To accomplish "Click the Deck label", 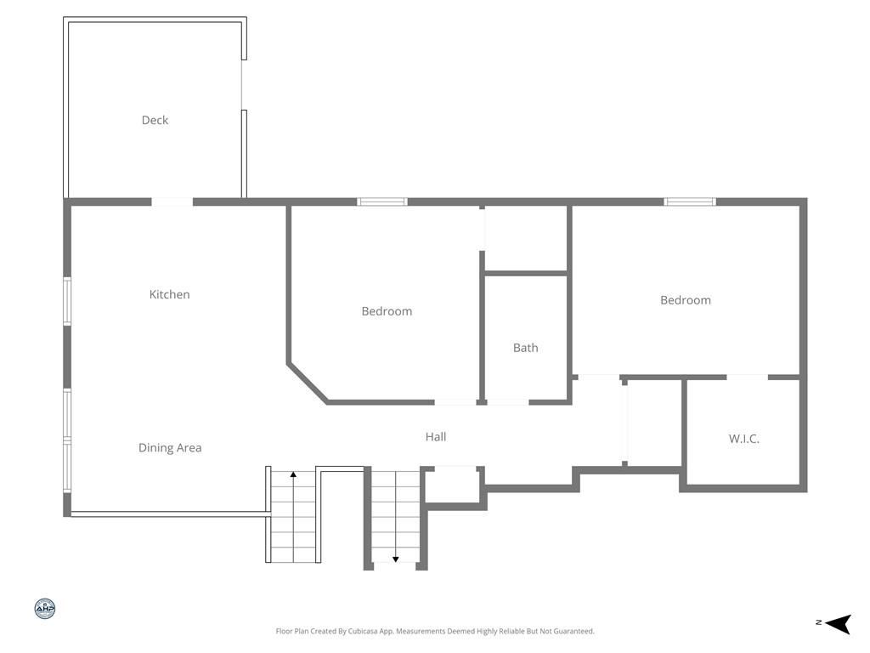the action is point(155,120).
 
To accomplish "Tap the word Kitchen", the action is point(169,294).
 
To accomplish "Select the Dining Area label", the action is point(170,447).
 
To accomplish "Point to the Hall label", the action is point(436,437).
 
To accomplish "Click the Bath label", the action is point(525,348).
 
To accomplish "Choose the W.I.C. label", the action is point(743,439).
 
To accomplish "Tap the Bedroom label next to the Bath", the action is point(387,311).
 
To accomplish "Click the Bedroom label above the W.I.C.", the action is point(686,300).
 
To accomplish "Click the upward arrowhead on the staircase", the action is point(293,474).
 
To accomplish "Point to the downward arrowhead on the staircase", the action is point(396,559).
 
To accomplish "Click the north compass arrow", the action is point(839,623).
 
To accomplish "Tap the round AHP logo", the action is point(45,609).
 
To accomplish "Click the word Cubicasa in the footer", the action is point(363,632).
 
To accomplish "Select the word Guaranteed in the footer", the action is point(575,632).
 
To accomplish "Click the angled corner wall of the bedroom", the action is point(308,383).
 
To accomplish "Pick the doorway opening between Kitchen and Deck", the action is point(172,202).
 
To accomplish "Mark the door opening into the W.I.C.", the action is point(747,378).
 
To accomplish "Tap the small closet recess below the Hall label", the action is point(454,485).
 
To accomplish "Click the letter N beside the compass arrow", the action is point(818,622).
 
